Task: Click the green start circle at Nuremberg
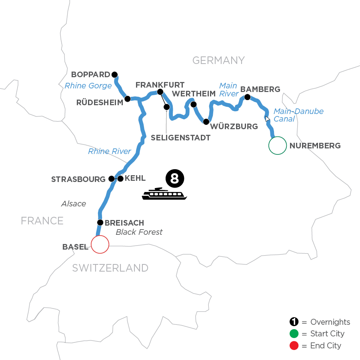278,146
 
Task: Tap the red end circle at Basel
100,244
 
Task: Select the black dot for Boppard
115,74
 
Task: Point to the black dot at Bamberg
247,97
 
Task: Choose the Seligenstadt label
180,137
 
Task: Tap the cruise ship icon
164,194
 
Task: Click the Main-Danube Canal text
298,115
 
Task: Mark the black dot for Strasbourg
112,179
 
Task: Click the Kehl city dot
120,179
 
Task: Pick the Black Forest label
139,232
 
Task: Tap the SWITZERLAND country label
110,268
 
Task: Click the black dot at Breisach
100,222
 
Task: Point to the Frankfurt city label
160,85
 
